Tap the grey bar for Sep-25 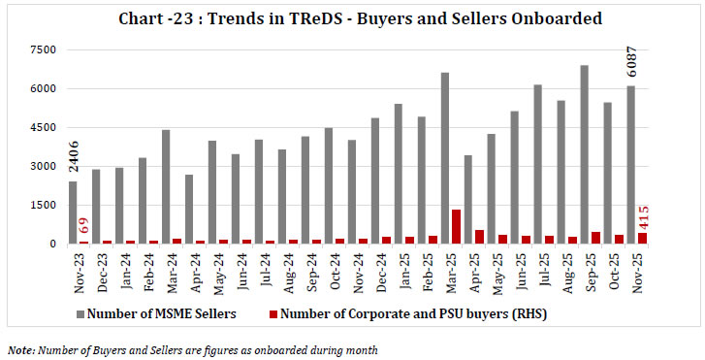[584, 154]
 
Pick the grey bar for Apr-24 [189, 209]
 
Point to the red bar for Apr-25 [479, 237]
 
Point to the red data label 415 [644, 213]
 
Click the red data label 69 [85, 228]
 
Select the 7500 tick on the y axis [43, 49]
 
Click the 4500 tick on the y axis [43, 127]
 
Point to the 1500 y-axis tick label [43, 205]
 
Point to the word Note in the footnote [18, 348]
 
